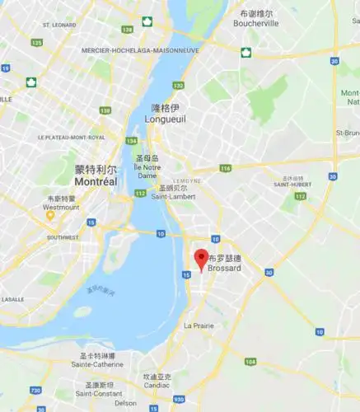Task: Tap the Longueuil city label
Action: pos(165,118)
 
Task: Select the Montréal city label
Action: pos(95,180)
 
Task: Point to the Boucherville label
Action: pos(255,24)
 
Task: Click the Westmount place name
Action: pos(62,207)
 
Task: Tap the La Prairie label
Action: pos(199,325)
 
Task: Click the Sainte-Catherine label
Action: pos(93,363)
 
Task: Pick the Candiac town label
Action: pos(157,386)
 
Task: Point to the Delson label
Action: pos(126,403)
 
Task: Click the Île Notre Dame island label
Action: pos(147,171)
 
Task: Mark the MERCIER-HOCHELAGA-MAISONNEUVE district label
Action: pos(140,50)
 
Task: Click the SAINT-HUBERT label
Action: pos(293,185)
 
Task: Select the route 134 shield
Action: pos(133,140)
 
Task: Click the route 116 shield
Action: pos(226,168)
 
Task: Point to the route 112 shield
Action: pos(140,194)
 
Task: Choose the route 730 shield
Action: pos(36,389)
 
